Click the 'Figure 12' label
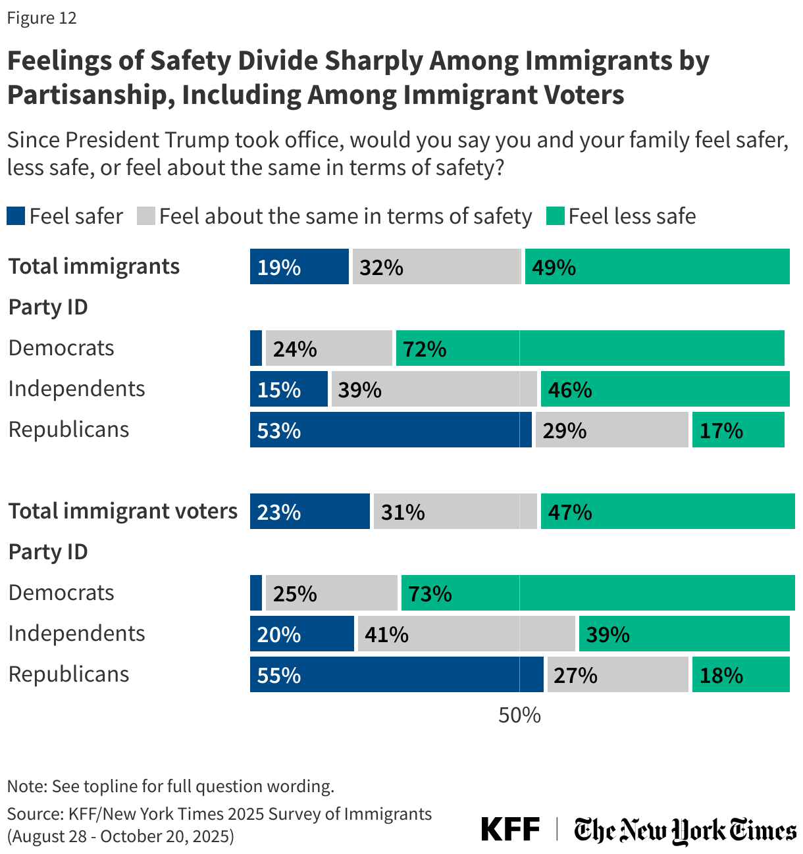point(41,18)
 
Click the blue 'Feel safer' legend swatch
point(16,216)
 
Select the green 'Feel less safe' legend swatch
point(555,216)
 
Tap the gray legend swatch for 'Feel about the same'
point(145,216)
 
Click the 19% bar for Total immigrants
point(299,266)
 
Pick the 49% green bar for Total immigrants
point(657,266)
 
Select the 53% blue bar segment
point(390,430)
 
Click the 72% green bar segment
point(590,348)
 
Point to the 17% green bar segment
point(738,430)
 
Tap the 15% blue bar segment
point(288,389)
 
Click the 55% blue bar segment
point(396,674)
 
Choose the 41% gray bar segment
point(466,634)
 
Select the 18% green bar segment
point(740,674)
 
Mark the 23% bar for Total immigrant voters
point(309,511)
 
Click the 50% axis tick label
point(519,715)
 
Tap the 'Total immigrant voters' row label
point(122,511)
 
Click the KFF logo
point(510,829)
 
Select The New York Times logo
point(685,830)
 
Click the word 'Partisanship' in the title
point(89,95)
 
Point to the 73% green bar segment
point(598,593)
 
